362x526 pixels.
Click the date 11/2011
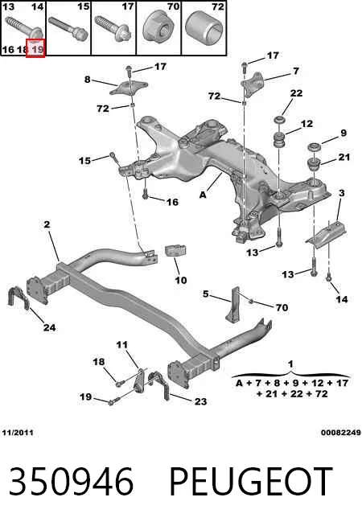(18, 433)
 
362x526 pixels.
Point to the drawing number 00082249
(340, 433)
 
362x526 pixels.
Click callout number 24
(50, 327)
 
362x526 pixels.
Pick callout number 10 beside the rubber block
(181, 280)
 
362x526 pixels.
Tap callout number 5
(206, 294)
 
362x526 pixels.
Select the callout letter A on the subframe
(203, 195)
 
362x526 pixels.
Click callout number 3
(342, 193)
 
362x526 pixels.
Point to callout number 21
(344, 157)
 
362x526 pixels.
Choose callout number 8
(87, 80)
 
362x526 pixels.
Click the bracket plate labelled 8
(130, 88)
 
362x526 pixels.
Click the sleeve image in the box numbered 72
(204, 27)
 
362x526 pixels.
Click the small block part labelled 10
(175, 251)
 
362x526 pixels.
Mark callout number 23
(200, 401)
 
